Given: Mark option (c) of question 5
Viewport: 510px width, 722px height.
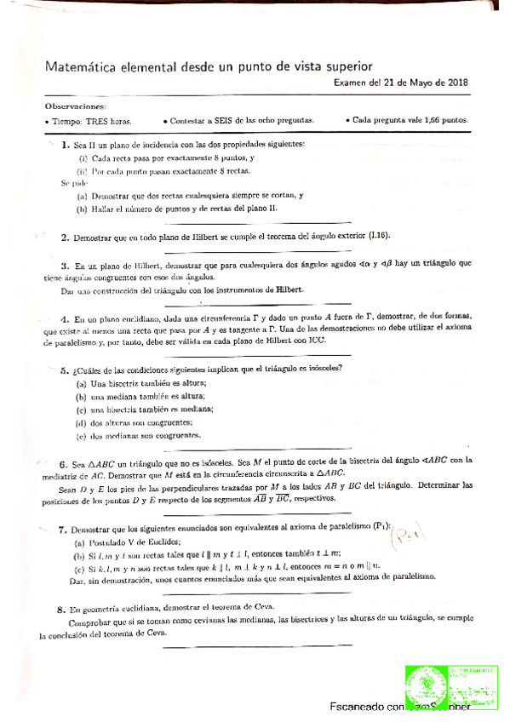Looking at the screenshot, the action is point(82,409).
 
